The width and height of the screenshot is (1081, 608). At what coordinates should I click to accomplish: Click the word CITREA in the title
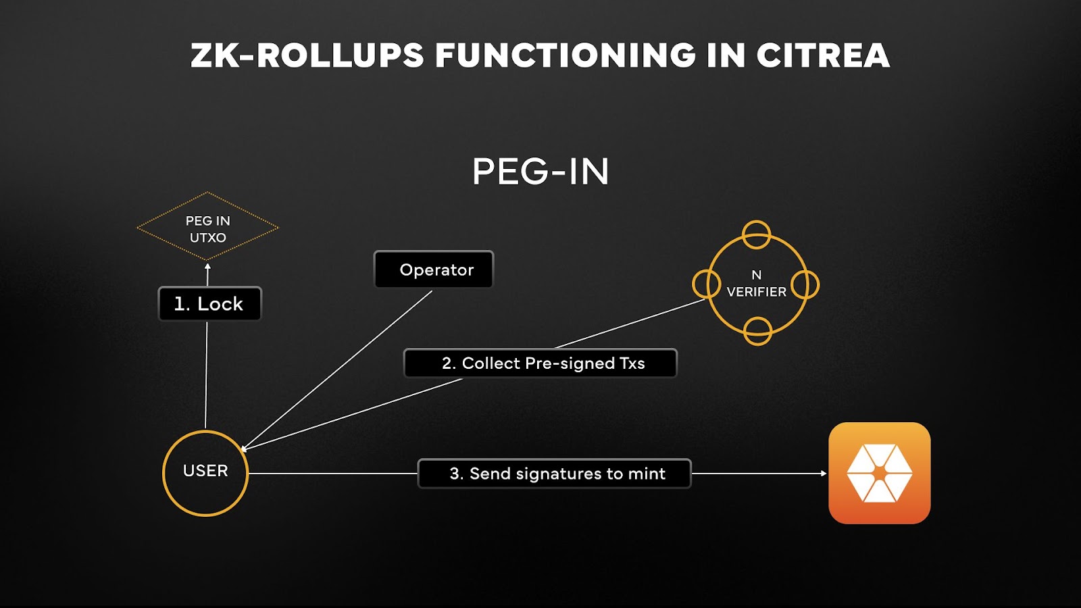(822, 55)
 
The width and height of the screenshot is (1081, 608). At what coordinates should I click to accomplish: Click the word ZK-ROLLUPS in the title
(307, 55)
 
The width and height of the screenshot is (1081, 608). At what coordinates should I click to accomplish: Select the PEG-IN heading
(540, 172)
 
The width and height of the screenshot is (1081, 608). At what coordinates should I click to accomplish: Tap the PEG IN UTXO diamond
(207, 228)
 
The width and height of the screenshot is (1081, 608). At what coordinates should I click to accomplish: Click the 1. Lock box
(209, 304)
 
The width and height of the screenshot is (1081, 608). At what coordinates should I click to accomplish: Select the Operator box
(434, 270)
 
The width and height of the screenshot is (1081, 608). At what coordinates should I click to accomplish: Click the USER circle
(205, 473)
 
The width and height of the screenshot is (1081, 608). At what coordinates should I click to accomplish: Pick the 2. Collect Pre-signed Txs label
(540, 363)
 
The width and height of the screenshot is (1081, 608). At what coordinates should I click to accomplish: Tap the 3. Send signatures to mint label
(555, 474)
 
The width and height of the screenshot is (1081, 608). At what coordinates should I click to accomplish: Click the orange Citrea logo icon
(879, 473)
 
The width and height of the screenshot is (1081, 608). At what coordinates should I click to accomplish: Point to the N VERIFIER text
(756, 284)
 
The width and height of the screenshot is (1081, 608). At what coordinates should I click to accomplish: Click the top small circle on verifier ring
(756, 234)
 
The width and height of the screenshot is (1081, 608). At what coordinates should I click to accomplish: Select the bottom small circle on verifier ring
(757, 331)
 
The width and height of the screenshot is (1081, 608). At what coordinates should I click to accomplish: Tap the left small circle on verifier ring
(707, 284)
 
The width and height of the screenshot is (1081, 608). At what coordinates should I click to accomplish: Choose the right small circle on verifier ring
(805, 284)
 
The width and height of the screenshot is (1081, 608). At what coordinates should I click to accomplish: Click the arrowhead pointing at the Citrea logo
(823, 474)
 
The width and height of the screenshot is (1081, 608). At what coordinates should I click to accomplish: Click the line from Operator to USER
(338, 369)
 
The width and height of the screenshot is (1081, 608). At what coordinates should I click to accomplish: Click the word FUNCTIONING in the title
(565, 55)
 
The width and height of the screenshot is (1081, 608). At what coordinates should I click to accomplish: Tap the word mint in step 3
(647, 474)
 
